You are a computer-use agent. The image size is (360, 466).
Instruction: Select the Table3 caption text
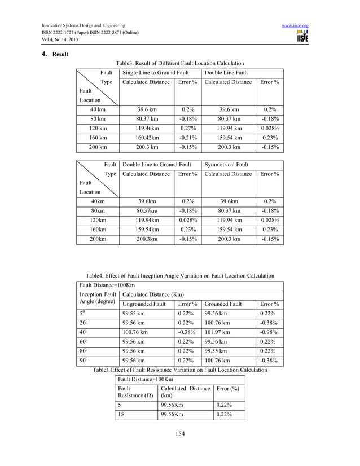coord(179,63)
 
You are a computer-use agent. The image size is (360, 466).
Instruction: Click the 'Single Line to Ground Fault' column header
coord(156,73)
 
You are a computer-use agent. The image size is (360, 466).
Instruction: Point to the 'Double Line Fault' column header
coord(226,73)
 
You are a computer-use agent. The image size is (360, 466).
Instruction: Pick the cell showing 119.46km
coord(147,128)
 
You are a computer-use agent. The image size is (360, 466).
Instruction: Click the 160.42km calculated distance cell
coord(147,137)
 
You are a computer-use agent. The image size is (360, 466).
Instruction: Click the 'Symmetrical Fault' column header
coord(226,165)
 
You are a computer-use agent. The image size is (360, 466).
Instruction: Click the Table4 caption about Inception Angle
coord(179,275)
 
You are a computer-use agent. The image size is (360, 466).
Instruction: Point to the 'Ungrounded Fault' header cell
coord(144,304)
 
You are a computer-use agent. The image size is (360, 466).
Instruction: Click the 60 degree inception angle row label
coord(84,341)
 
